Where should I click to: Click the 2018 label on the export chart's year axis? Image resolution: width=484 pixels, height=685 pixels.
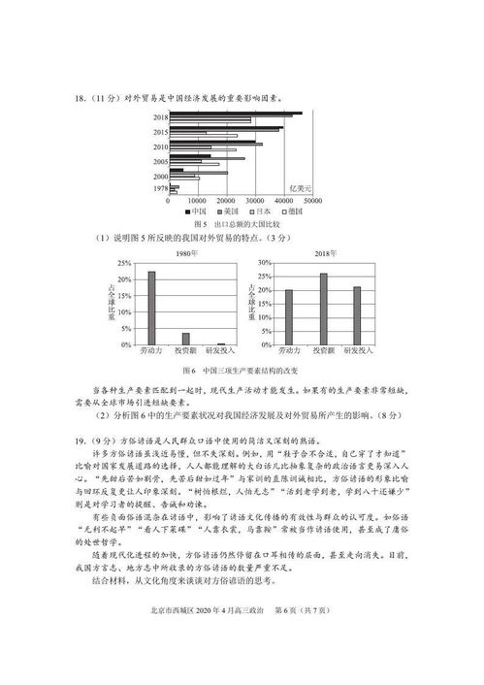pos(161,117)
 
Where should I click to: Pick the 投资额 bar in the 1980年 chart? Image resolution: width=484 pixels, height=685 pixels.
pos(185,339)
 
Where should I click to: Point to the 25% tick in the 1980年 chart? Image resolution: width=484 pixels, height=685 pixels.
pos(123,263)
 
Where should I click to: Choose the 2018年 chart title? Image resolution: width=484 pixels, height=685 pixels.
pos(324,252)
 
